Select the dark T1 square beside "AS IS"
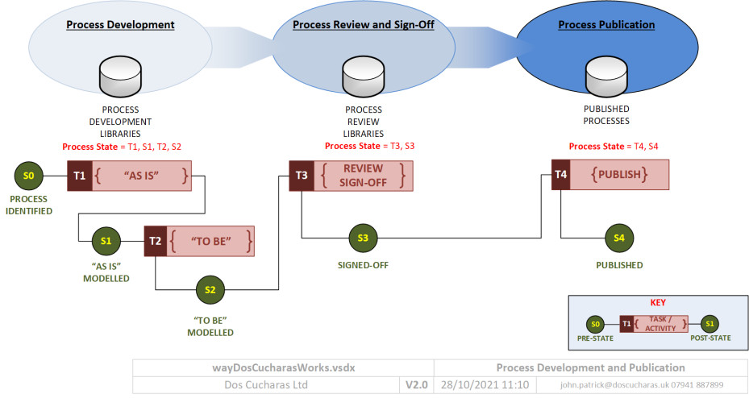pyautogui.click(x=79, y=176)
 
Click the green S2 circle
pyautogui.click(x=210, y=289)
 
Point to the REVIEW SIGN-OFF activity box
pyautogui.click(x=363, y=176)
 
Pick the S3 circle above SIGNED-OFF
pyautogui.click(x=363, y=238)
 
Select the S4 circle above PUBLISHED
pyautogui.click(x=618, y=238)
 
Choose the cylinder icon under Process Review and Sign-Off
pyautogui.click(x=363, y=75)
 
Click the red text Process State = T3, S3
pyautogui.click(x=369, y=147)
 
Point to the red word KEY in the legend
pyautogui.click(x=658, y=304)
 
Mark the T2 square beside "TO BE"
pyautogui.click(x=155, y=241)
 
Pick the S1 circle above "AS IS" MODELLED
pyautogui.click(x=106, y=240)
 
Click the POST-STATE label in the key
pyautogui.click(x=711, y=338)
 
